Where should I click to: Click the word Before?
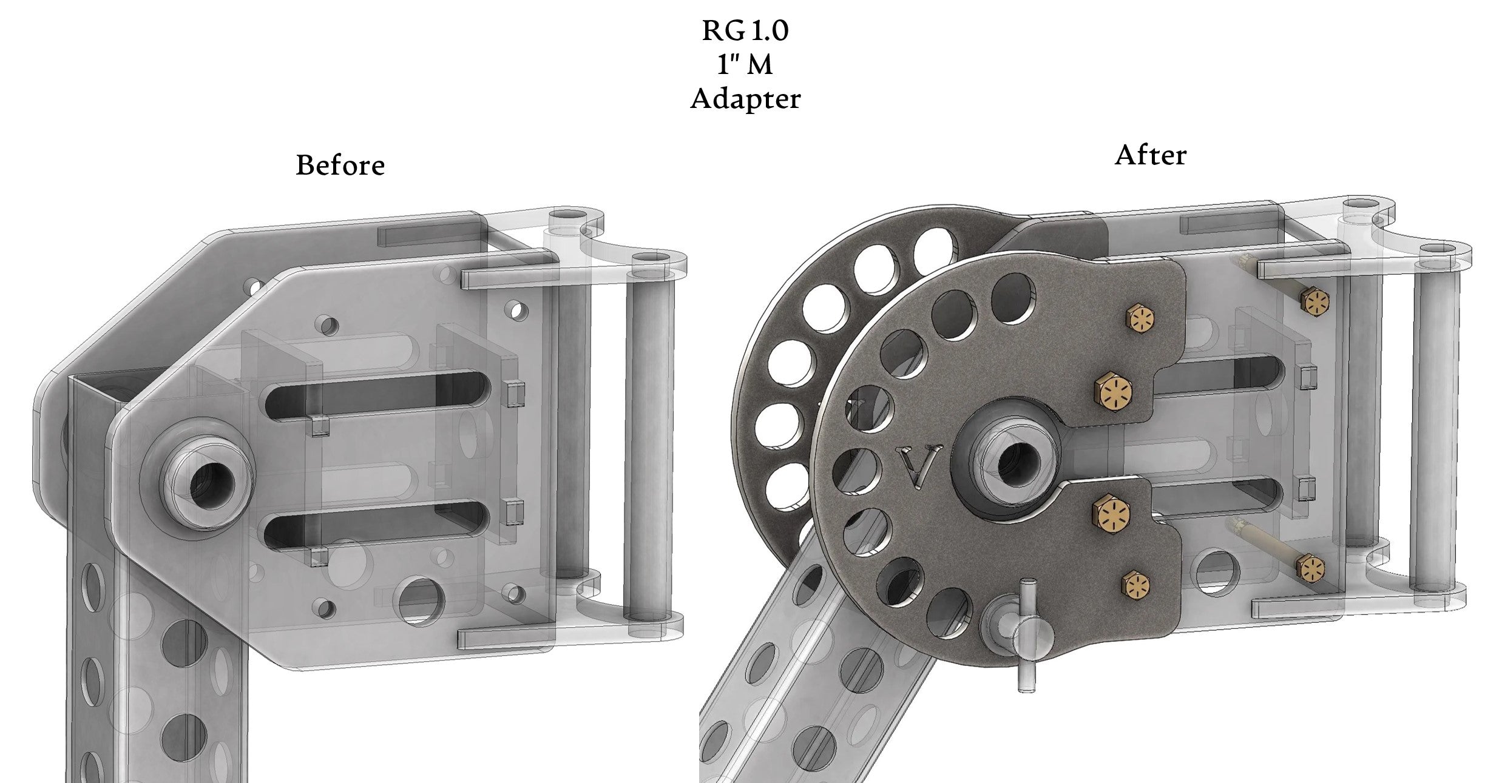pyautogui.click(x=340, y=165)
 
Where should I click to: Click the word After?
pyautogui.click(x=1150, y=155)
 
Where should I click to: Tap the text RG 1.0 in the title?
pyautogui.click(x=745, y=31)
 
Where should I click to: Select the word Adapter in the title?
pyautogui.click(x=745, y=99)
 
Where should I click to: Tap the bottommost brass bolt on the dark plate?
pyautogui.click(x=1136, y=585)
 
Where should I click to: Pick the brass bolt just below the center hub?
pyautogui.click(x=1112, y=512)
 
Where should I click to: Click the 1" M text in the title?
pyautogui.click(x=745, y=65)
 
